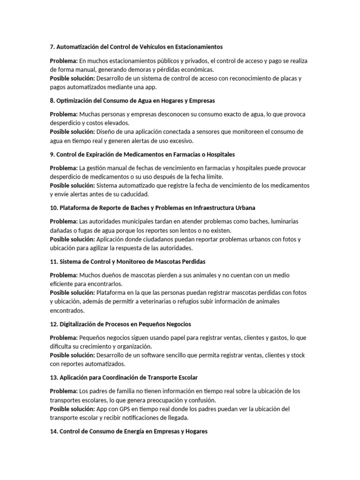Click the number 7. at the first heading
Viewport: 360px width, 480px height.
(x=52, y=47)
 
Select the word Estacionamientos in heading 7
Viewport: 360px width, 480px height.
(x=196, y=47)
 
